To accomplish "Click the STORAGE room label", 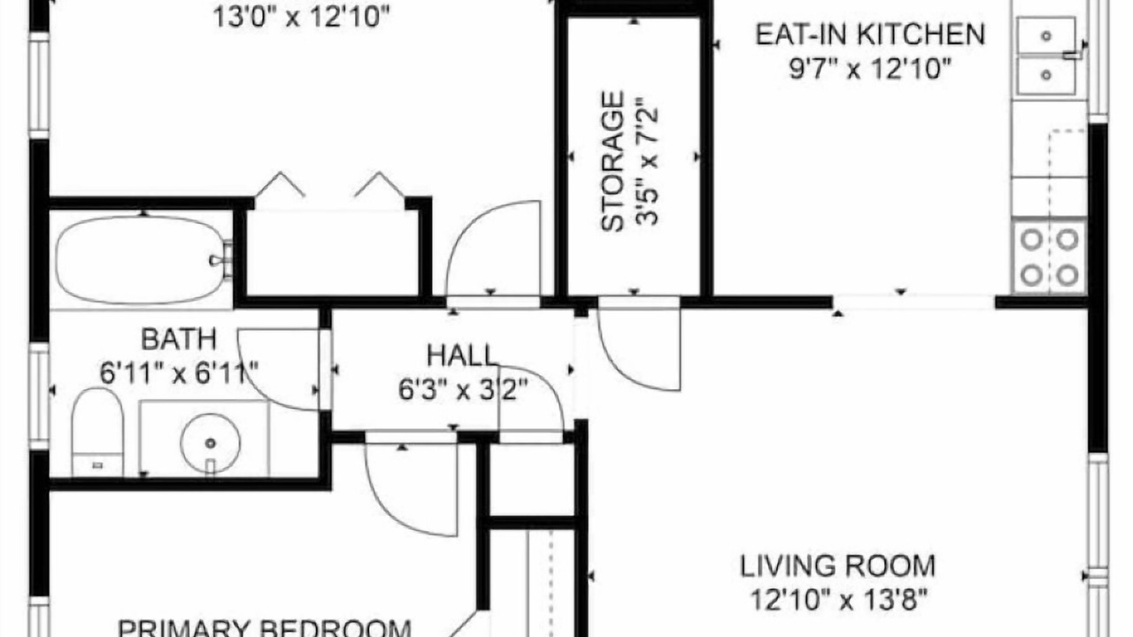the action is [x=613, y=161].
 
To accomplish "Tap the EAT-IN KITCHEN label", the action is [x=870, y=35].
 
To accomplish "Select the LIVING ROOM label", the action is [x=837, y=566].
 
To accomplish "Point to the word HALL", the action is [x=462, y=356].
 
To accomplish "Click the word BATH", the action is [x=179, y=339].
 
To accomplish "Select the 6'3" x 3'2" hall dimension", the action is [x=463, y=390].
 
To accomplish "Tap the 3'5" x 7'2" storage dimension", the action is [x=647, y=161].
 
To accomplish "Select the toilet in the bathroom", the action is [x=97, y=433].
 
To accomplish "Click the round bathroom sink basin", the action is [x=211, y=443].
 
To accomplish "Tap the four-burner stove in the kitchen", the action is [x=1050, y=257].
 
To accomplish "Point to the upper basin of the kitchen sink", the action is [x=1046, y=35].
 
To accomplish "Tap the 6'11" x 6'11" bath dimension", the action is [x=179, y=373].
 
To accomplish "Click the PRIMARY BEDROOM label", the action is [x=265, y=628].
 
